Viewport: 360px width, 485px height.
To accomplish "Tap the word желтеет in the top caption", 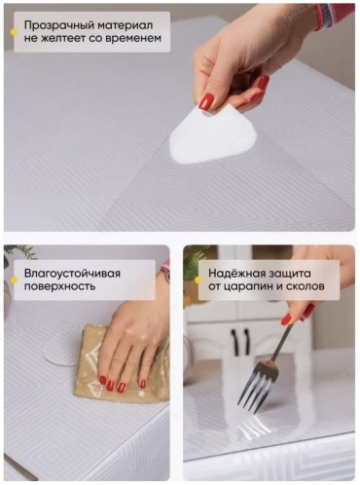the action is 63,38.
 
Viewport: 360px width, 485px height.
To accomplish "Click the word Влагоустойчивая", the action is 72,274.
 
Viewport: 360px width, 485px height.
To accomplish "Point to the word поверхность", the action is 60,287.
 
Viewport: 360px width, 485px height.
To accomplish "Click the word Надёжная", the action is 234,273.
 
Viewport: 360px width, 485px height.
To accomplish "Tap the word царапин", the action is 249,287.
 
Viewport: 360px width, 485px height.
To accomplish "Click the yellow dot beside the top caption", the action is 14,32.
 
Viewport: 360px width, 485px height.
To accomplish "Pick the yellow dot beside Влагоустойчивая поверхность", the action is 14,280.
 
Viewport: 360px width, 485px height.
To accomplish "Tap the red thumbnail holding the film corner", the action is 206,102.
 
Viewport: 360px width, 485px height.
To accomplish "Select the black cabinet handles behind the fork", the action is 240,342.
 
